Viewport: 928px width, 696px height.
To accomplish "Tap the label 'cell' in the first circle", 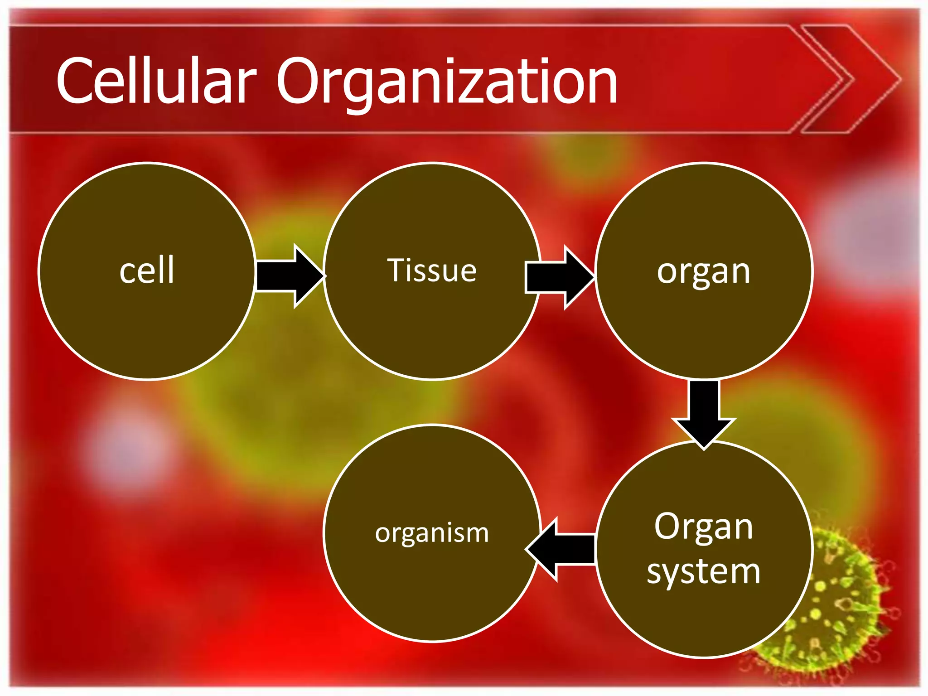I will coord(147,271).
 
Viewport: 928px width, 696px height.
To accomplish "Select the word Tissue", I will coord(432,271).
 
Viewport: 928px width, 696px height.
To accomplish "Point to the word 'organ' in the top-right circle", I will coord(704,272).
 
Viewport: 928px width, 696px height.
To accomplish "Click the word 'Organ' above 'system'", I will coord(704,527).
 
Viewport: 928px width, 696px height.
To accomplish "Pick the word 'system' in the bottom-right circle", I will coord(704,572).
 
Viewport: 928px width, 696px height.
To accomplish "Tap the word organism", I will coord(432,533).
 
